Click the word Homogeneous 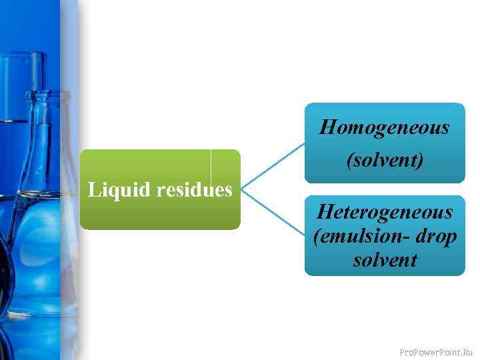(x=385, y=127)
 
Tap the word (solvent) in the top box (x=385, y=161)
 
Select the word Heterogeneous (x=385, y=213)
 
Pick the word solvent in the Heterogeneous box (x=385, y=260)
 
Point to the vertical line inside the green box (x=211, y=167)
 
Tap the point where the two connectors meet (x=241, y=189)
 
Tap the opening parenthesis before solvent (x=349, y=161)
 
